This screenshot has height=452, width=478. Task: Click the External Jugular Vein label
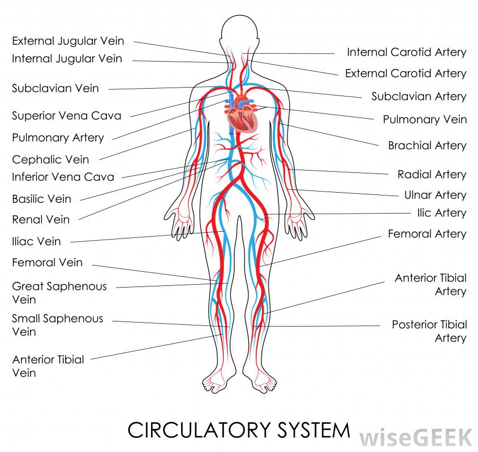tap(68, 41)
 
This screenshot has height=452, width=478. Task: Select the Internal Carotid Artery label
tap(406, 53)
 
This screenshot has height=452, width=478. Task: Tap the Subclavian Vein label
tap(55, 88)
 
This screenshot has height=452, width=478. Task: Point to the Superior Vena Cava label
tap(67, 116)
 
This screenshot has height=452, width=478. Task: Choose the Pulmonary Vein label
tap(424, 119)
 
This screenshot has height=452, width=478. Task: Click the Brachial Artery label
tap(427, 146)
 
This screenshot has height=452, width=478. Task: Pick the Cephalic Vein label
tap(50, 159)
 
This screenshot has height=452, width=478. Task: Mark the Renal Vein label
tap(41, 219)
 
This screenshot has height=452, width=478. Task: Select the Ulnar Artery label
tap(434, 195)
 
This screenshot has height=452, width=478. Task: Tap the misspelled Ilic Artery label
tap(441, 213)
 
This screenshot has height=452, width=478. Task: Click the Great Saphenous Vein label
tap(59, 293)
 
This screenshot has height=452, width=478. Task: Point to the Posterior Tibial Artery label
tap(429, 331)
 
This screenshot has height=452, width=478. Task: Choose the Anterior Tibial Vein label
tap(48, 366)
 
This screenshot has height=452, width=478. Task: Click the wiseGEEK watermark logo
tap(416, 436)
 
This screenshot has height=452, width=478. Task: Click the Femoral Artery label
tap(427, 234)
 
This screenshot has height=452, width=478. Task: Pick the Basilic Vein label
tap(41, 199)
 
